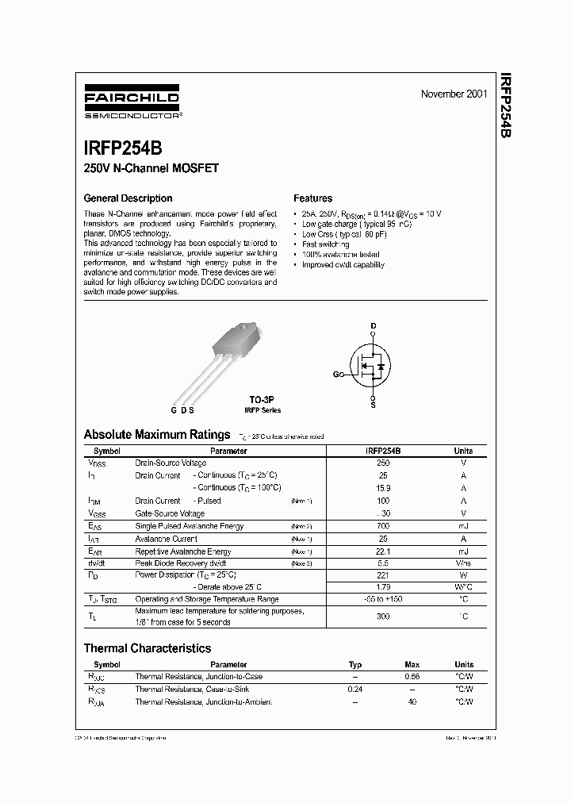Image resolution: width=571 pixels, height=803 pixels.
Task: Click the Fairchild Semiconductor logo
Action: pos(132,104)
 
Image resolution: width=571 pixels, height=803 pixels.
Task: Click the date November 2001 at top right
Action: pos(454,94)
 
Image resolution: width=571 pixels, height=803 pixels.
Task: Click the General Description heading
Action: pos(128,198)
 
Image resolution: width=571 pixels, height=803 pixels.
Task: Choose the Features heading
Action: pos(312,198)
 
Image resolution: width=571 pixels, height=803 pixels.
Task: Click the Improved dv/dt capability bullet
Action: pos(343,265)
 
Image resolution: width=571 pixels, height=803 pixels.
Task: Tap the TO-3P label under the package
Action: pos(262,401)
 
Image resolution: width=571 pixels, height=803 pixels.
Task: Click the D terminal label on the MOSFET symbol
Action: pos(374,326)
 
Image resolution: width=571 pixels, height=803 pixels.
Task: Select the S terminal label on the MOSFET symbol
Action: pos(374,405)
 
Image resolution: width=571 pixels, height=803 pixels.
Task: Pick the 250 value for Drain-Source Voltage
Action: pos(383,463)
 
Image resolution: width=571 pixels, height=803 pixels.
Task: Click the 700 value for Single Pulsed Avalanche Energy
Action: pos(383,526)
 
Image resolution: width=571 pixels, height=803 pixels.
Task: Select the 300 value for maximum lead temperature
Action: pos(383,616)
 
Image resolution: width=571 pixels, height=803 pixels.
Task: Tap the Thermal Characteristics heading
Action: pos(148,648)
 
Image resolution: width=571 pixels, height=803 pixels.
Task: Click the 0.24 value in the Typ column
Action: pos(355,690)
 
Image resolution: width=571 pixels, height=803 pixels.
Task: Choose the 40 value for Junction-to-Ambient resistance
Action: pos(412,702)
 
